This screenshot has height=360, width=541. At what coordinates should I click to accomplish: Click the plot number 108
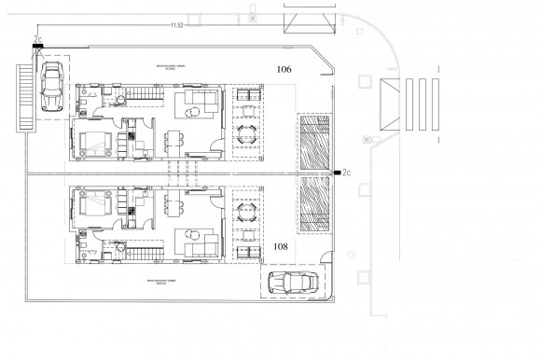[282, 247]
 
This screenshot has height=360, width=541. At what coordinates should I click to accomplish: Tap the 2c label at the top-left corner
[36, 40]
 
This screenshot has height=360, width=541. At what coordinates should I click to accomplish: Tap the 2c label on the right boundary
[346, 173]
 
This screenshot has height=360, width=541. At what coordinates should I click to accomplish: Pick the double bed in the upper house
[94, 143]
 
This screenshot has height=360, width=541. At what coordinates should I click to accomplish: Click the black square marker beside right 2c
[335, 173]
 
